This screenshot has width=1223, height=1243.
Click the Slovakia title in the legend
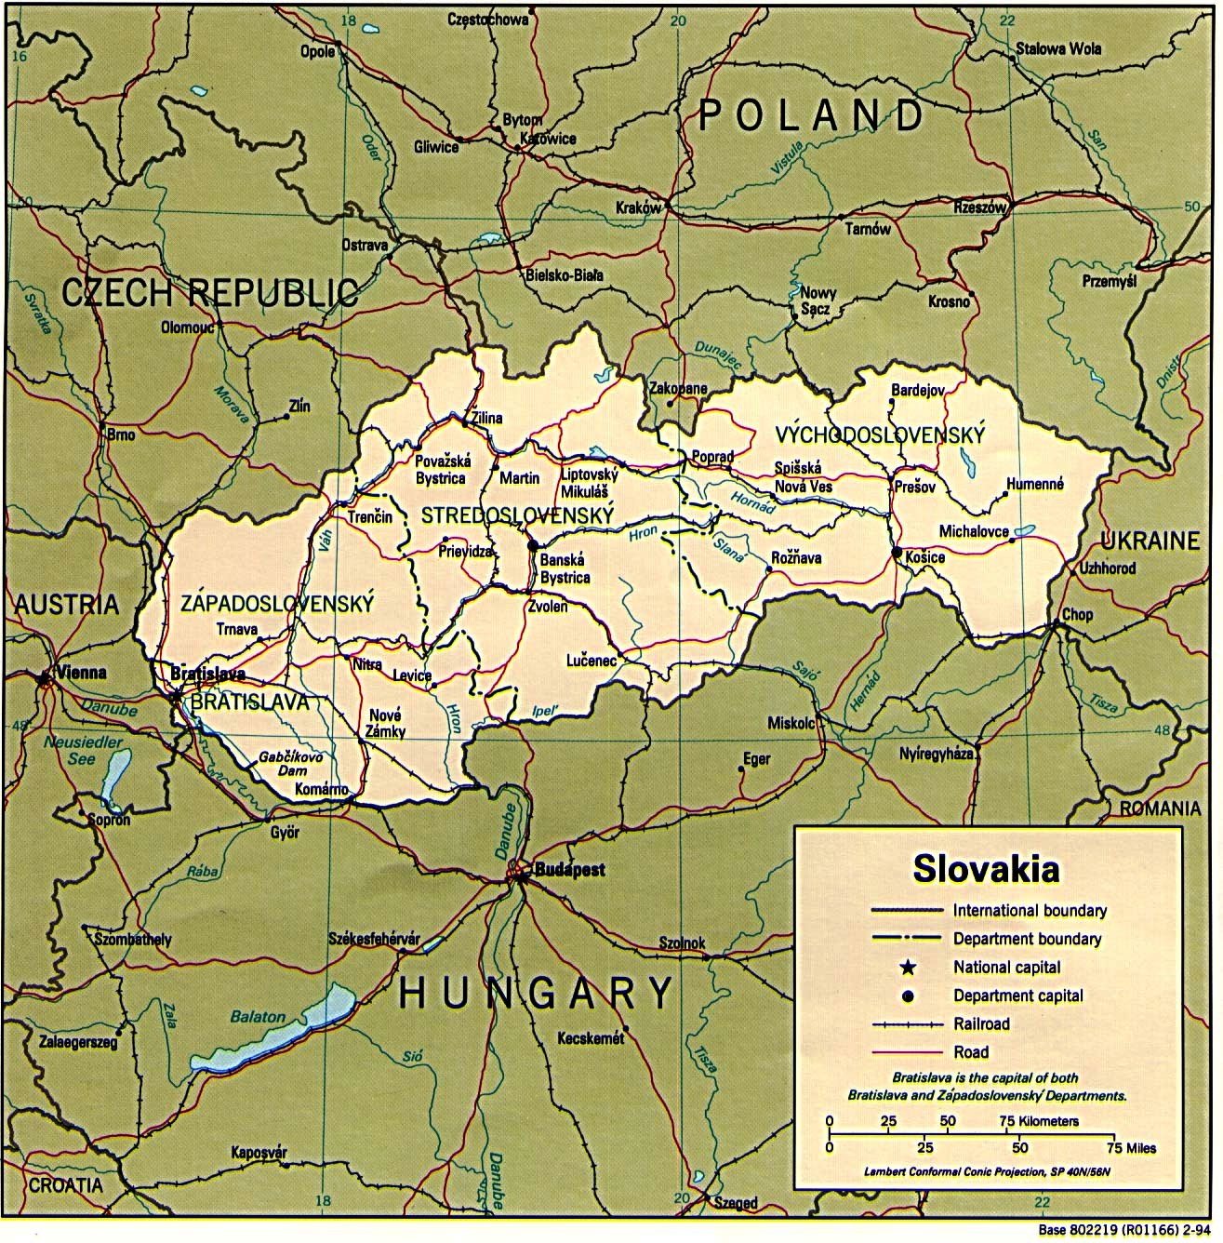[x=986, y=868]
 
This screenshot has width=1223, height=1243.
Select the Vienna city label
[x=81, y=672]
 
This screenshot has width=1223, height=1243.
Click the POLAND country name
[x=811, y=115]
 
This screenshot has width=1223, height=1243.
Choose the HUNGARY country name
[x=536, y=993]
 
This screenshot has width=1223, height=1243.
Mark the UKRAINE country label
[x=1150, y=541]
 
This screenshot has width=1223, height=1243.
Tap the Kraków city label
[x=638, y=208]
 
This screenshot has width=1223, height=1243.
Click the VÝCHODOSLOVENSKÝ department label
[x=880, y=434]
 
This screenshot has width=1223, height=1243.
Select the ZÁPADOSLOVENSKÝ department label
[x=277, y=604]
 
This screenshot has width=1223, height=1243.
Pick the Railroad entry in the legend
[x=980, y=1023]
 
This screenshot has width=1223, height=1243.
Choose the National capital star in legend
[x=908, y=968]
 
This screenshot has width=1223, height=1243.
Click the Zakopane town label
[x=678, y=389]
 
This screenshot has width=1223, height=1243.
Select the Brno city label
[x=120, y=434]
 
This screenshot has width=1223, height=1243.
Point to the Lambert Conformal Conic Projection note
[x=986, y=1170]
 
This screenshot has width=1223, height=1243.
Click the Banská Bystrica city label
[x=565, y=568]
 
